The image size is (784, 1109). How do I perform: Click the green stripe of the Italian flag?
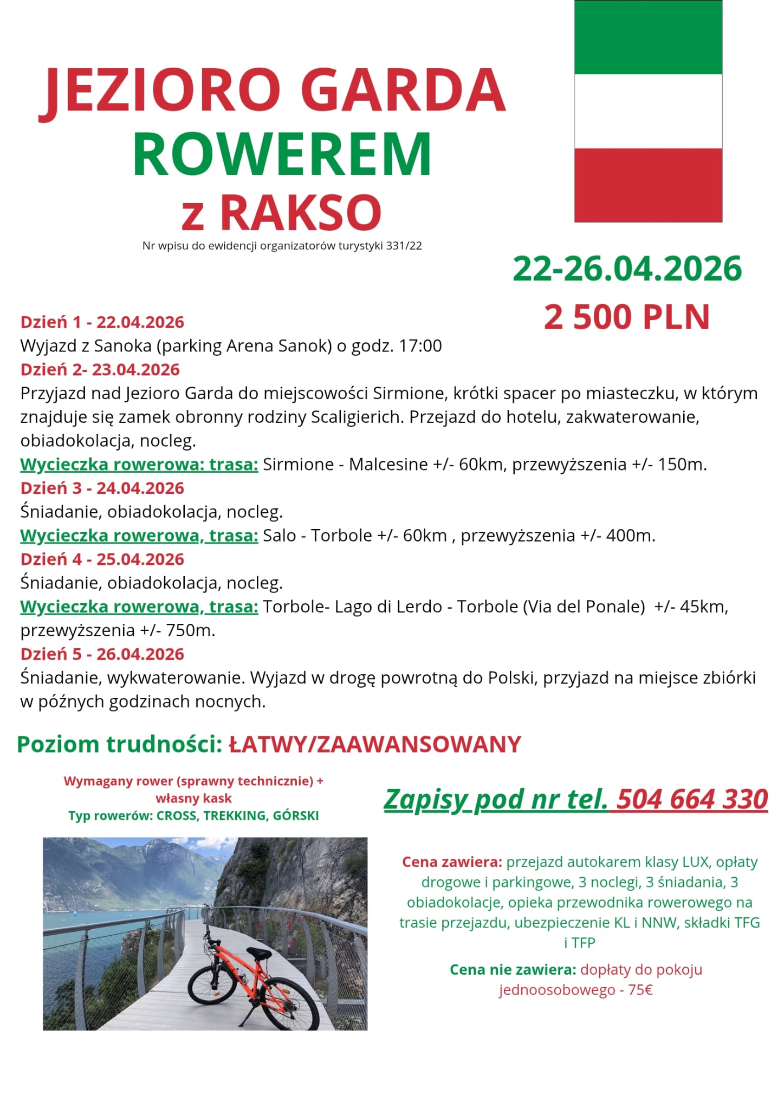point(648,37)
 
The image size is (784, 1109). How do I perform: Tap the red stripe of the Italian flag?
point(648,185)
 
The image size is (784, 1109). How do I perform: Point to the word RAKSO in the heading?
point(301,213)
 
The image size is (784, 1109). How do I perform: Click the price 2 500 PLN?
point(626,317)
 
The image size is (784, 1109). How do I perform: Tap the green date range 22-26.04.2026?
point(627,269)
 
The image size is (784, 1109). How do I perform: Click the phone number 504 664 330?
point(692,799)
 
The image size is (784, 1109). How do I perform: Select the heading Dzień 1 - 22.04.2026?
point(102,322)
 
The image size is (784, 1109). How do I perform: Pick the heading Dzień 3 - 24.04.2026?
point(102,488)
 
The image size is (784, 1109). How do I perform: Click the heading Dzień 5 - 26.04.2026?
point(102,654)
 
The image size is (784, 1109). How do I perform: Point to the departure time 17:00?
point(420,346)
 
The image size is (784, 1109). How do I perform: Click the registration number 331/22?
point(404,246)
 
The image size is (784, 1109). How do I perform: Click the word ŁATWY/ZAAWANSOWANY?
point(375,745)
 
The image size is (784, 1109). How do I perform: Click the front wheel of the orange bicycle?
point(213,986)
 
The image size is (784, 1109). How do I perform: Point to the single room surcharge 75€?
point(640,990)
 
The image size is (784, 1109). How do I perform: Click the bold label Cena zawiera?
point(452,862)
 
